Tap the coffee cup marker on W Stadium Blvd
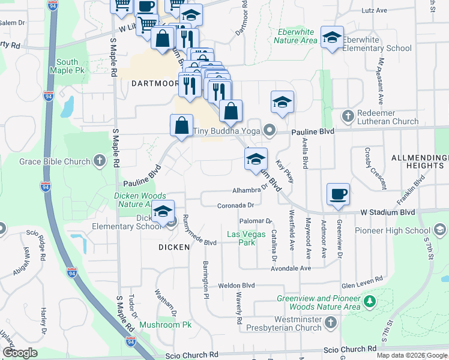pyautogui.click(x=338, y=194)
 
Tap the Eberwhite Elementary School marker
pyautogui.click(x=332, y=38)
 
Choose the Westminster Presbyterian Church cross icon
pyautogui.click(x=330, y=323)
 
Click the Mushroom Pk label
pyautogui.click(x=165, y=325)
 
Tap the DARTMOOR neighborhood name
pyautogui.click(x=153, y=85)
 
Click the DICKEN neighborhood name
pyautogui.click(x=174, y=247)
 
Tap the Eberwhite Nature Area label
pyautogui.click(x=295, y=36)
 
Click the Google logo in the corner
pyautogui.click(x=20, y=353)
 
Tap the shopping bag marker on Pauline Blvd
pyautogui.click(x=181, y=125)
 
